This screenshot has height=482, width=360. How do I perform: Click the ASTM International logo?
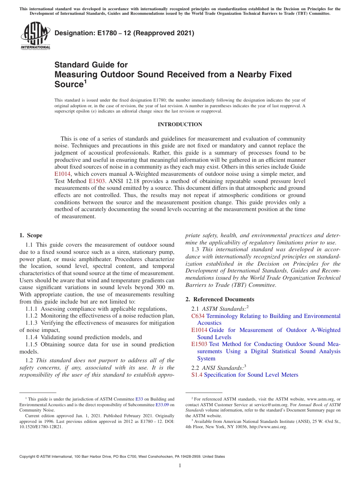click(x=35, y=36)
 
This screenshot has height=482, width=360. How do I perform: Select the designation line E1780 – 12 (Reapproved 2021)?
click(x=124, y=33)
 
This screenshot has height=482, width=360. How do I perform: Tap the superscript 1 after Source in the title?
click(x=85, y=81)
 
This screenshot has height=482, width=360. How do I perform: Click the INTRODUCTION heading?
click(x=180, y=124)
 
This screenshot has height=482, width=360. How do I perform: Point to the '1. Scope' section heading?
click(x=31, y=235)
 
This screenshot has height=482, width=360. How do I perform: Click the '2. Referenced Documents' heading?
click(x=219, y=299)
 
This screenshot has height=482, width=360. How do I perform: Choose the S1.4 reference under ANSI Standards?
click(x=197, y=375)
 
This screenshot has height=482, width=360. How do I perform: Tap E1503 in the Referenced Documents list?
click(x=199, y=344)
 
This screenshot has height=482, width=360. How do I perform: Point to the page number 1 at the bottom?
click(x=180, y=465)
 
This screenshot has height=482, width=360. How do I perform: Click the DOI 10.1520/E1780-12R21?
click(x=41, y=427)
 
